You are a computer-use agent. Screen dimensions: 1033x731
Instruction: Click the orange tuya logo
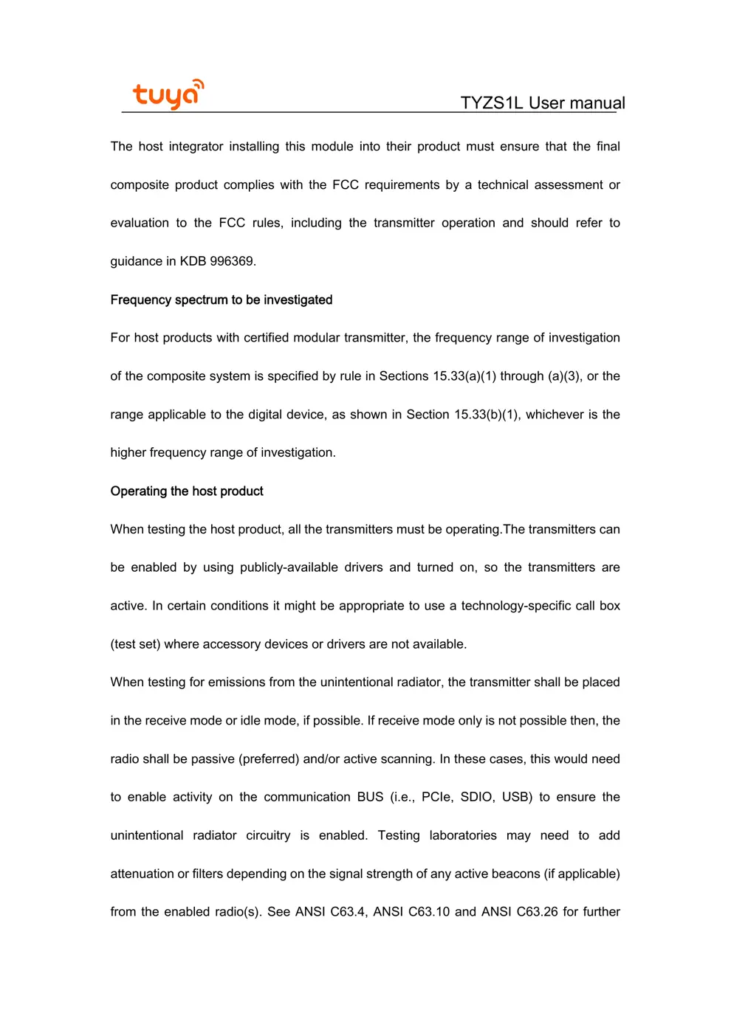tap(168, 94)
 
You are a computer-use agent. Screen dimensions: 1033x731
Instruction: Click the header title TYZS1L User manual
tap(542, 103)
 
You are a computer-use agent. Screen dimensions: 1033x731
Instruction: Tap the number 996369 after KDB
tap(233, 261)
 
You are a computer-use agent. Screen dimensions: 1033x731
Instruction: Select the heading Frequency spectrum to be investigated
tap(221, 300)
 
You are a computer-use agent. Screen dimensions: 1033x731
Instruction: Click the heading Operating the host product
tap(187, 491)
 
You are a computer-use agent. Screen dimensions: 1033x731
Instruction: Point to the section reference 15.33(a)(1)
tap(464, 376)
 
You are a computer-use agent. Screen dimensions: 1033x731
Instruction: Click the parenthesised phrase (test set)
tap(135, 644)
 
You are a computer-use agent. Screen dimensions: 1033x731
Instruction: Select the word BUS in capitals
tap(370, 797)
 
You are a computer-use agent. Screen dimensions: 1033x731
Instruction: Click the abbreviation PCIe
tap(436, 797)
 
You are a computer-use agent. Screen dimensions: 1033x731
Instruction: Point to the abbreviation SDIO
tap(476, 797)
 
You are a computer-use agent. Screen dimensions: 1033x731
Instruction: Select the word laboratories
tap(463, 835)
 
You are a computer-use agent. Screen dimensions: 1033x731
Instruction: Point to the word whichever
tap(555, 415)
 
